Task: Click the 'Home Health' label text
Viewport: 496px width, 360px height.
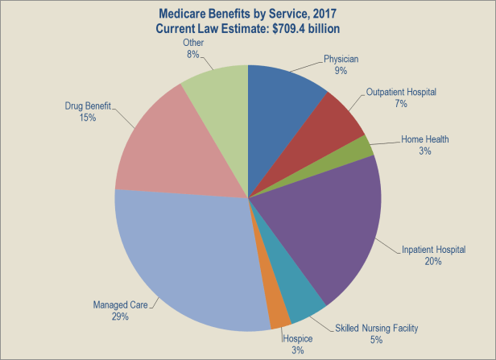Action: point(425,139)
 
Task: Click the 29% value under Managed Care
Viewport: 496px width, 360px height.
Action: point(121,317)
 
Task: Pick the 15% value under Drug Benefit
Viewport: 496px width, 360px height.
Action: point(88,118)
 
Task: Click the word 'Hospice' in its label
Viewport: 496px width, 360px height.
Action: point(298,338)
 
